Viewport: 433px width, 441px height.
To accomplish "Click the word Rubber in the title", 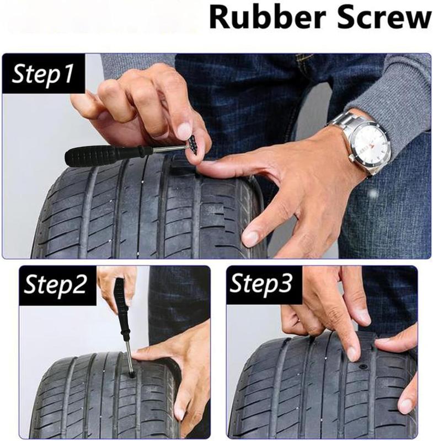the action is click(269, 18).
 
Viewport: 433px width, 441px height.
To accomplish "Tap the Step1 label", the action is click(42, 74).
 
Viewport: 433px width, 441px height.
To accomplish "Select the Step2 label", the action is click(55, 284).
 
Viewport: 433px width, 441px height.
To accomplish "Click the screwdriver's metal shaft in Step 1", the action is click(169, 149).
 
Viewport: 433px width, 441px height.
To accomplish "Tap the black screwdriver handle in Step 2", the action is click(121, 310).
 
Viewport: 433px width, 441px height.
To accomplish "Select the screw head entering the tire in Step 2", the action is click(131, 374).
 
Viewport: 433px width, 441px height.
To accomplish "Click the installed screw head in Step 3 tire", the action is click(362, 368).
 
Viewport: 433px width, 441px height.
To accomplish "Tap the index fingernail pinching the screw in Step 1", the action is click(185, 129).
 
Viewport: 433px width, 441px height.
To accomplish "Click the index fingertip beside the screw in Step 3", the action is click(352, 351).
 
